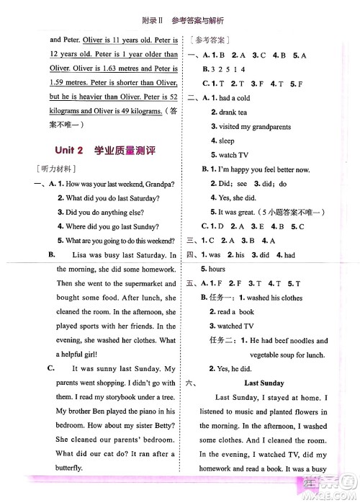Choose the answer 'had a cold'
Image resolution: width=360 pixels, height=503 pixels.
pos(241,99)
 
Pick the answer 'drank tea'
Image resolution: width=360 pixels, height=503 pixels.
pos(237,112)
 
